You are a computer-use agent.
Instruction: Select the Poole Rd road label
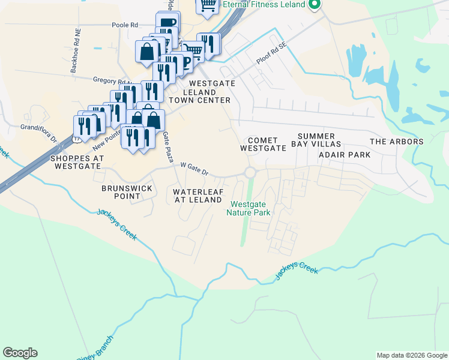(x=125, y=25)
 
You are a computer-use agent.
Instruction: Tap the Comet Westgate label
(x=262, y=143)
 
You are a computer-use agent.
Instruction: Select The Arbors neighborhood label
(x=396, y=142)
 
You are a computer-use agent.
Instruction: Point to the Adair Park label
(x=344, y=154)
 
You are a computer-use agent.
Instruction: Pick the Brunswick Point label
(x=125, y=191)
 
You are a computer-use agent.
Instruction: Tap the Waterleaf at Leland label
(x=198, y=196)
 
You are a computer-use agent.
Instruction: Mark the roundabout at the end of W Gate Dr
(x=250, y=173)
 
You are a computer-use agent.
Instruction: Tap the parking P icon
(x=185, y=62)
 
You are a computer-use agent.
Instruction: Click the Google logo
(x=20, y=353)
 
